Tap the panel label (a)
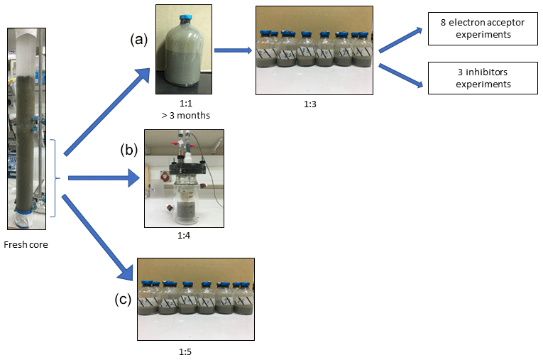coord(139,40)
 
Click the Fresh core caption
coord(26,245)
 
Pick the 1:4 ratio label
coord(183,234)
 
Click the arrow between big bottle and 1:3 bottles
coord(233,50)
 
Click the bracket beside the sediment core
coord(54,178)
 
